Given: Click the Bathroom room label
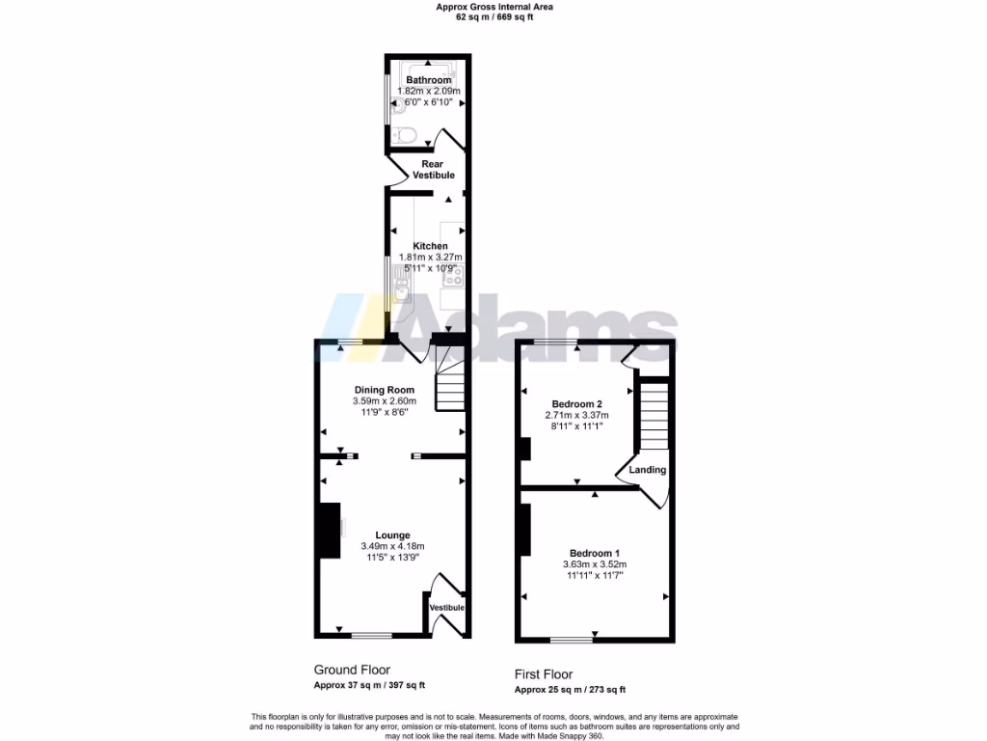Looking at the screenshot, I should click(429, 80).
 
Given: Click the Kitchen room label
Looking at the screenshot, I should click(430, 246).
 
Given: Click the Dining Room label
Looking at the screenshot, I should click(384, 390).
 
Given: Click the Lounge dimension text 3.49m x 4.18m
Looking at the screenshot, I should click(392, 546).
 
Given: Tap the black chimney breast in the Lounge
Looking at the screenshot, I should click(330, 530).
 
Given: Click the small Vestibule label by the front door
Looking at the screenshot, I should click(447, 607).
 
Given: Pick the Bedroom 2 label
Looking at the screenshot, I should click(576, 403).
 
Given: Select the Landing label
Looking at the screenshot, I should click(647, 470).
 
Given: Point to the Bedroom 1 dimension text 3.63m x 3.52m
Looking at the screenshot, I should click(595, 564).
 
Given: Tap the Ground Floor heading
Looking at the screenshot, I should click(352, 670).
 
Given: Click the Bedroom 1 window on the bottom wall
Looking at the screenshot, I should click(572, 640).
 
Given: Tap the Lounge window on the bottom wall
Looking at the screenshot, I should click(371, 635).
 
